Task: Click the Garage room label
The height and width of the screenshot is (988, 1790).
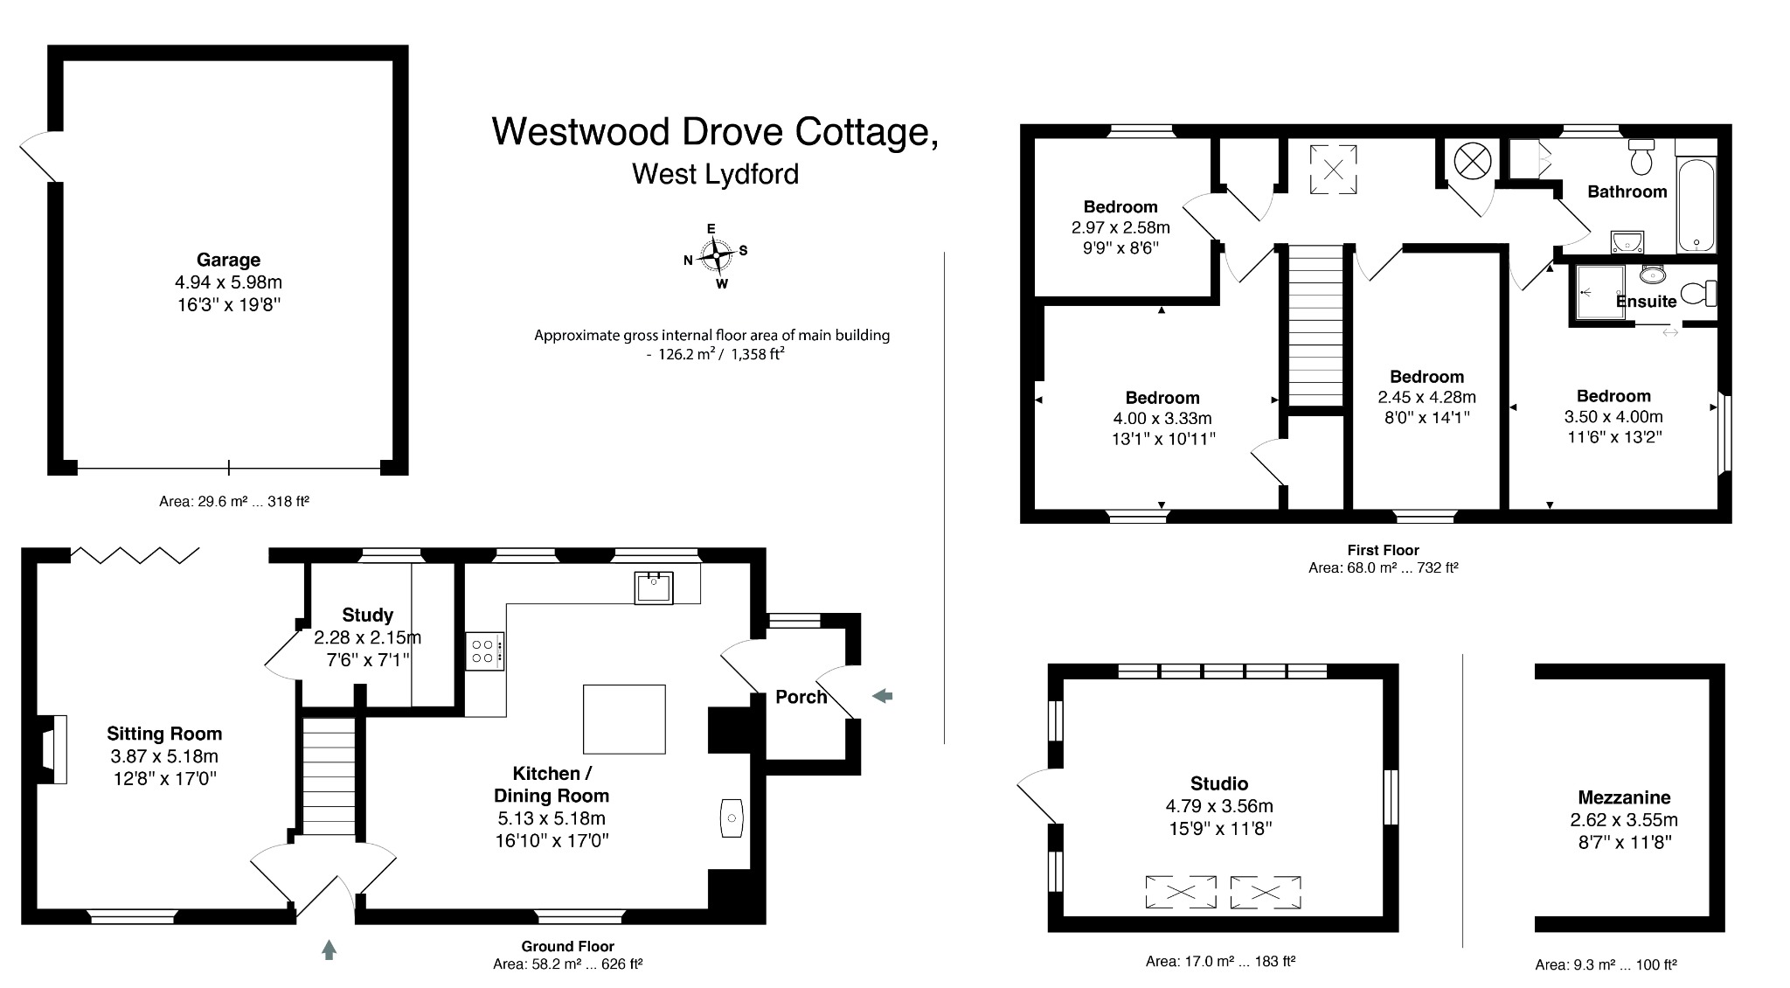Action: click(228, 260)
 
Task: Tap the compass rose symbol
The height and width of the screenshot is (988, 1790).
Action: click(716, 255)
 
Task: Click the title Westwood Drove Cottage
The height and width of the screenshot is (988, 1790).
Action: click(714, 132)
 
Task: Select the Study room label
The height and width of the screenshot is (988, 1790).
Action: click(367, 615)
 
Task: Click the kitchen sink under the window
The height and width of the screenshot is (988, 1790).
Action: click(654, 587)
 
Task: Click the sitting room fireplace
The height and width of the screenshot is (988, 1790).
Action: click(54, 748)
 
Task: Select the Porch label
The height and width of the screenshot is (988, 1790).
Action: click(801, 697)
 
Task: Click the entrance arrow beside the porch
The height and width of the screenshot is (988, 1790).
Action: click(883, 696)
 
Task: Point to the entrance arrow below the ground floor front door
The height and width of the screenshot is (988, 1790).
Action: click(329, 950)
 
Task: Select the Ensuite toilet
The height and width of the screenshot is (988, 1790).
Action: click(1700, 292)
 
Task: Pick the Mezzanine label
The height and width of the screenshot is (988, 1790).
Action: click(1624, 797)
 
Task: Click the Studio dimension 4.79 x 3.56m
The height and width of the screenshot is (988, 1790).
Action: click(1218, 806)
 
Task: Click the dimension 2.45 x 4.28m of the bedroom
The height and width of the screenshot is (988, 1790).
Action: click(1426, 397)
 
